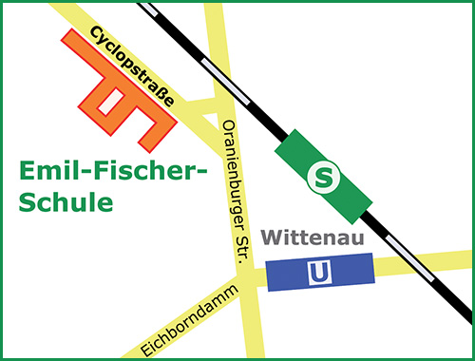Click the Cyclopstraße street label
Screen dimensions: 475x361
132,68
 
